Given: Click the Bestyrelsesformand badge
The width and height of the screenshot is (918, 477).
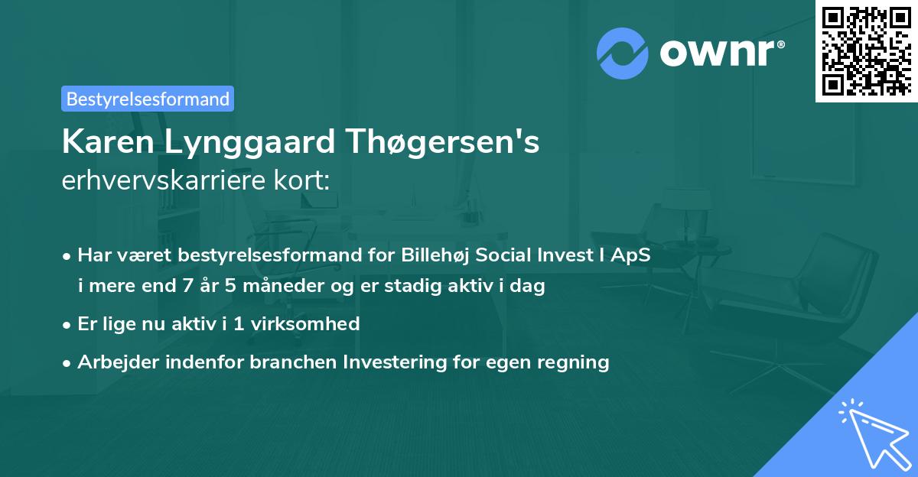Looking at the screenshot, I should click(x=148, y=99).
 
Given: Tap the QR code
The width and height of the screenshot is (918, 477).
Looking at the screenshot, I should click(x=866, y=50).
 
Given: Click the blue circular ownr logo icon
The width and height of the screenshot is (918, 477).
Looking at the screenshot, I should click(x=622, y=53).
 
